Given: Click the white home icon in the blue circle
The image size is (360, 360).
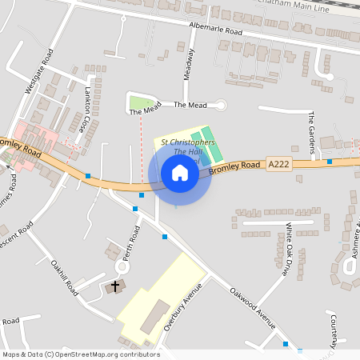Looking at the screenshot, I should point(180,173).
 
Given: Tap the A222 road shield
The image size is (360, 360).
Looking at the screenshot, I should point(278,164).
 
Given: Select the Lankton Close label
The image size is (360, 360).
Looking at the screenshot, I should point(84,110).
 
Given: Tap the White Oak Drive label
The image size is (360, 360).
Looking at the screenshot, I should point(285,249).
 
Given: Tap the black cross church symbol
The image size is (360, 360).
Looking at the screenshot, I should point(114,286).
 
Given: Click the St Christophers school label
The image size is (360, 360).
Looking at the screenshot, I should point(188,142).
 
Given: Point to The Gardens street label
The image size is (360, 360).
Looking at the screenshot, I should point(312,130).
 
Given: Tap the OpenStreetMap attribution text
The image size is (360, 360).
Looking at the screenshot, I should point(80,354).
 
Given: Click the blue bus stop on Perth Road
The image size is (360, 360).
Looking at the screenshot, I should point(135,209).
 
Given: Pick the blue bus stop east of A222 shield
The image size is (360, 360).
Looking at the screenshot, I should point(330,162).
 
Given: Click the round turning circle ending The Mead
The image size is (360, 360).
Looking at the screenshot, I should point(222,105).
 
